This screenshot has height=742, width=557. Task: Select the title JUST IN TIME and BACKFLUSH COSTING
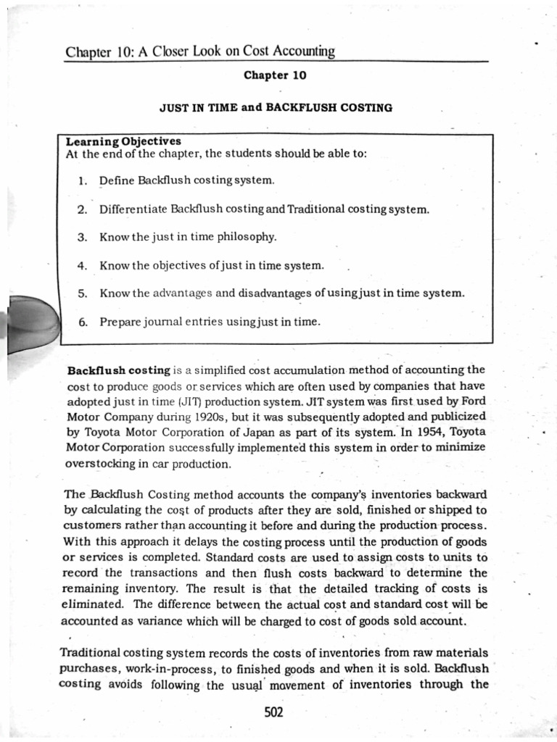[276, 107]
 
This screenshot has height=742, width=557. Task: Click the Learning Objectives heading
[123, 141]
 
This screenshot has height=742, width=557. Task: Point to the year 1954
[422, 433]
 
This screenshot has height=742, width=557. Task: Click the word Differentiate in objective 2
[133, 209]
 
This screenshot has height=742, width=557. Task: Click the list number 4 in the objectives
[82, 265]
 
